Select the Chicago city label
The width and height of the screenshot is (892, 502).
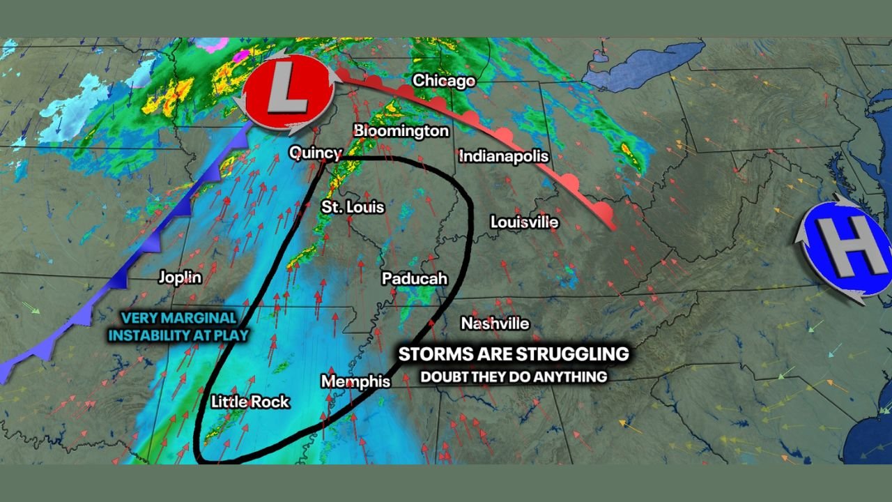point(443,81)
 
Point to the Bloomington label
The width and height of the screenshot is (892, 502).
point(401,130)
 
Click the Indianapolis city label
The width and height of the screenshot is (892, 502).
point(503,156)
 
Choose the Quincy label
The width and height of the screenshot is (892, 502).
point(315,153)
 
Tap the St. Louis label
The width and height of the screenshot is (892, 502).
point(352,207)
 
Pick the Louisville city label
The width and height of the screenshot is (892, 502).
point(524,222)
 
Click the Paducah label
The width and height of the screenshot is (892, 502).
point(414,278)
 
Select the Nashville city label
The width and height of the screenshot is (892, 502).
point(495,324)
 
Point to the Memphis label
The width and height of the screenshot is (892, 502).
point(355,381)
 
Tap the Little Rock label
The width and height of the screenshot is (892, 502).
point(249,402)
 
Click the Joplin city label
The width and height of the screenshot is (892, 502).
point(180,277)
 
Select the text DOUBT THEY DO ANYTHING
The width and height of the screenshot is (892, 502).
point(513,377)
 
